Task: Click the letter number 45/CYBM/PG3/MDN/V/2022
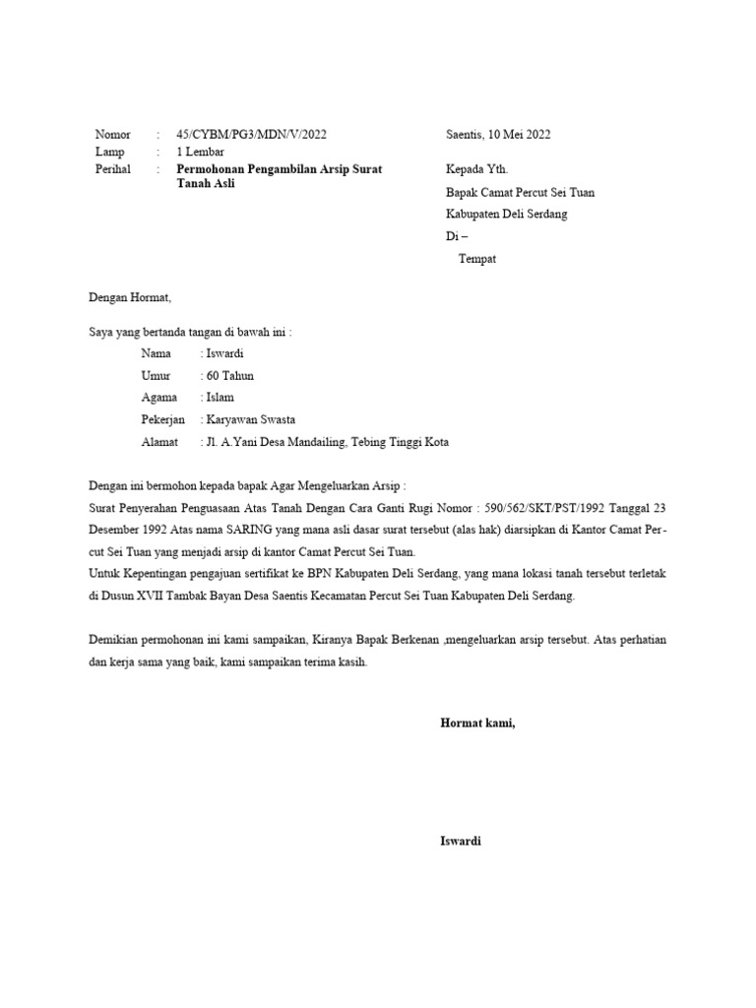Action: (x=251, y=134)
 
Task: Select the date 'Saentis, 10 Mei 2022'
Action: (x=505, y=134)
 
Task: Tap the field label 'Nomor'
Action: (x=112, y=134)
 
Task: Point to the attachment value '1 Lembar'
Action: (x=200, y=152)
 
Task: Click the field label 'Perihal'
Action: (x=112, y=169)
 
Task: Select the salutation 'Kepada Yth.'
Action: (x=477, y=169)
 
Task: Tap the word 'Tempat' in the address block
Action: (x=477, y=258)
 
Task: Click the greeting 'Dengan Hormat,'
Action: (x=130, y=296)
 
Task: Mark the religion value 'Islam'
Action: (x=220, y=398)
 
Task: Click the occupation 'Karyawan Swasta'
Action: (x=250, y=420)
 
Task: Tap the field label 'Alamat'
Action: (x=159, y=443)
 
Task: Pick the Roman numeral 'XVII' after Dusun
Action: (x=147, y=597)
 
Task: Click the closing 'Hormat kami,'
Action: (x=477, y=724)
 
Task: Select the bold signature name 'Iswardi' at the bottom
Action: (x=460, y=841)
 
